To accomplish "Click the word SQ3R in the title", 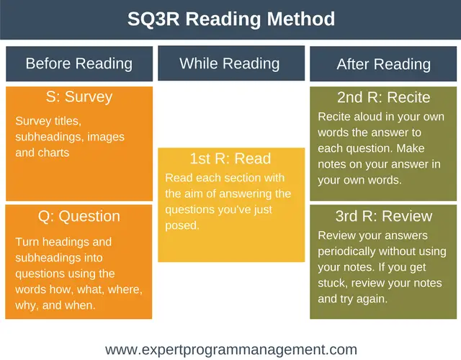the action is (x=153, y=19).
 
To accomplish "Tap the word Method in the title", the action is (x=301, y=19).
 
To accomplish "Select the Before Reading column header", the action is (x=79, y=63).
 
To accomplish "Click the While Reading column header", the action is (x=231, y=63).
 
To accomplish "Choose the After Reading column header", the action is (x=383, y=64).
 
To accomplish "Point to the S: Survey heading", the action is (x=79, y=96).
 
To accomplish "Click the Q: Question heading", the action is (x=79, y=217).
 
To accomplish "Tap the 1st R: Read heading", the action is (x=230, y=158).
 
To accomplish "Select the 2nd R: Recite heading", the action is (x=383, y=97).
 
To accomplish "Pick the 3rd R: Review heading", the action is (x=384, y=216).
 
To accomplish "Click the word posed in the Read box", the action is (x=182, y=225).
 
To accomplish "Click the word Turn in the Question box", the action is (x=27, y=242).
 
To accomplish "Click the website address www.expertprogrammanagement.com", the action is (x=231, y=350).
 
